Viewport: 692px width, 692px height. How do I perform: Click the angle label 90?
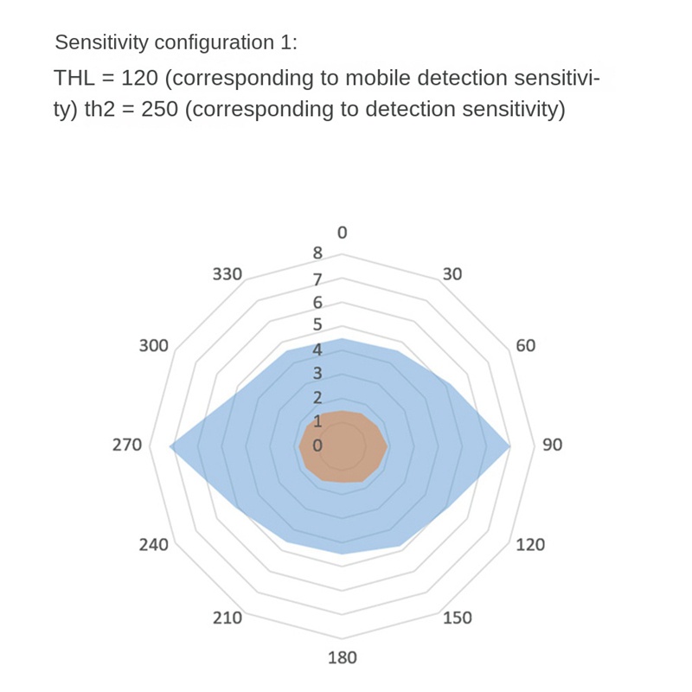click(x=552, y=445)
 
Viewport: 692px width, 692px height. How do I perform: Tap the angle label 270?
click(x=126, y=445)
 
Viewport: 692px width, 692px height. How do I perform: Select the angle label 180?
click(x=343, y=657)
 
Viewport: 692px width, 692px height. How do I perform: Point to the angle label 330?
click(x=227, y=274)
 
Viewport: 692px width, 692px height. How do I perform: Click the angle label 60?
click(x=526, y=346)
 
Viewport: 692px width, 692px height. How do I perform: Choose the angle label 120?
click(x=530, y=545)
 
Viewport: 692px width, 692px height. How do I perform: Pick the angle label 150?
click(x=458, y=618)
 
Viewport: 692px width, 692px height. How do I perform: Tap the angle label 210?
click(x=227, y=618)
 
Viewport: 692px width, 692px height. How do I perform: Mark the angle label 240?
click(x=154, y=545)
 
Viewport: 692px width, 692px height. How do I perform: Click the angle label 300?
click(x=154, y=346)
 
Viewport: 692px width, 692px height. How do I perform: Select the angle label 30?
click(x=452, y=274)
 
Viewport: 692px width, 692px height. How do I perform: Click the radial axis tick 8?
click(x=317, y=253)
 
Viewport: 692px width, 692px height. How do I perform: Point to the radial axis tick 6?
click(x=317, y=303)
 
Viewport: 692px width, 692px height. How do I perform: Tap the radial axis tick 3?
click(x=317, y=374)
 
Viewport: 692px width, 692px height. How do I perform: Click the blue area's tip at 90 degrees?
click(x=509, y=446)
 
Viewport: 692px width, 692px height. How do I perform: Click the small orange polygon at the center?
click(x=343, y=446)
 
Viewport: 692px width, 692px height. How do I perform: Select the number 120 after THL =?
click(x=139, y=79)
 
